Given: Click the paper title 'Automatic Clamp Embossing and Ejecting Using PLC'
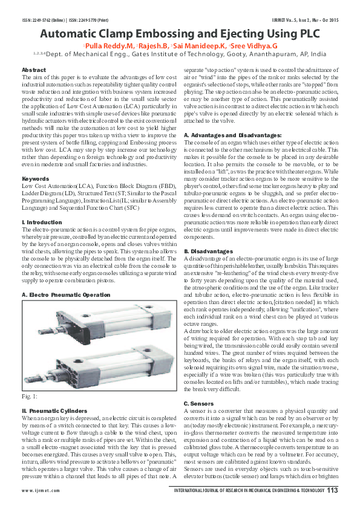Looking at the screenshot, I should coord(180,33).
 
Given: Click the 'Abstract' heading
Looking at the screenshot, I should coord(34,70).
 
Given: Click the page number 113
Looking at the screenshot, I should coord(332,490).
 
